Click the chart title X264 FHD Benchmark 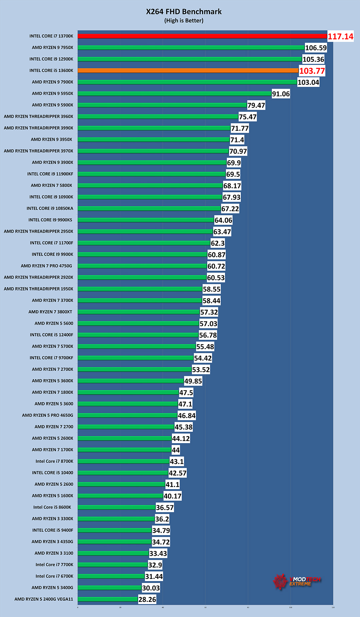[184, 12]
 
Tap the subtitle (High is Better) [184, 21]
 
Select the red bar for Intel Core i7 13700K [202, 36]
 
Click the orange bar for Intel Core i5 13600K [188, 71]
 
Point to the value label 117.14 [340, 37]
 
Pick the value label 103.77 [312, 71]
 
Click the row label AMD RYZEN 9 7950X [52, 48]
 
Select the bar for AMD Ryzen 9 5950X [174, 94]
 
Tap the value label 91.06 [281, 94]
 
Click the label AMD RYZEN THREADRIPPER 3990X [38, 128]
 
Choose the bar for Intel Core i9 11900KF [151, 174]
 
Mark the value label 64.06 [223, 220]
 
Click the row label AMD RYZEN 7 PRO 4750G [46, 266]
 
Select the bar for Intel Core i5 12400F [138, 335]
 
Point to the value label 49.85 [193, 381]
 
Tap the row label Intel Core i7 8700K [54, 461]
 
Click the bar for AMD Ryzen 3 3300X [116, 519]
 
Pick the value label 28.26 [147, 600]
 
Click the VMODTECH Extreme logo [296, 581]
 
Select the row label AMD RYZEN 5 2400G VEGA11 [44, 599]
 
